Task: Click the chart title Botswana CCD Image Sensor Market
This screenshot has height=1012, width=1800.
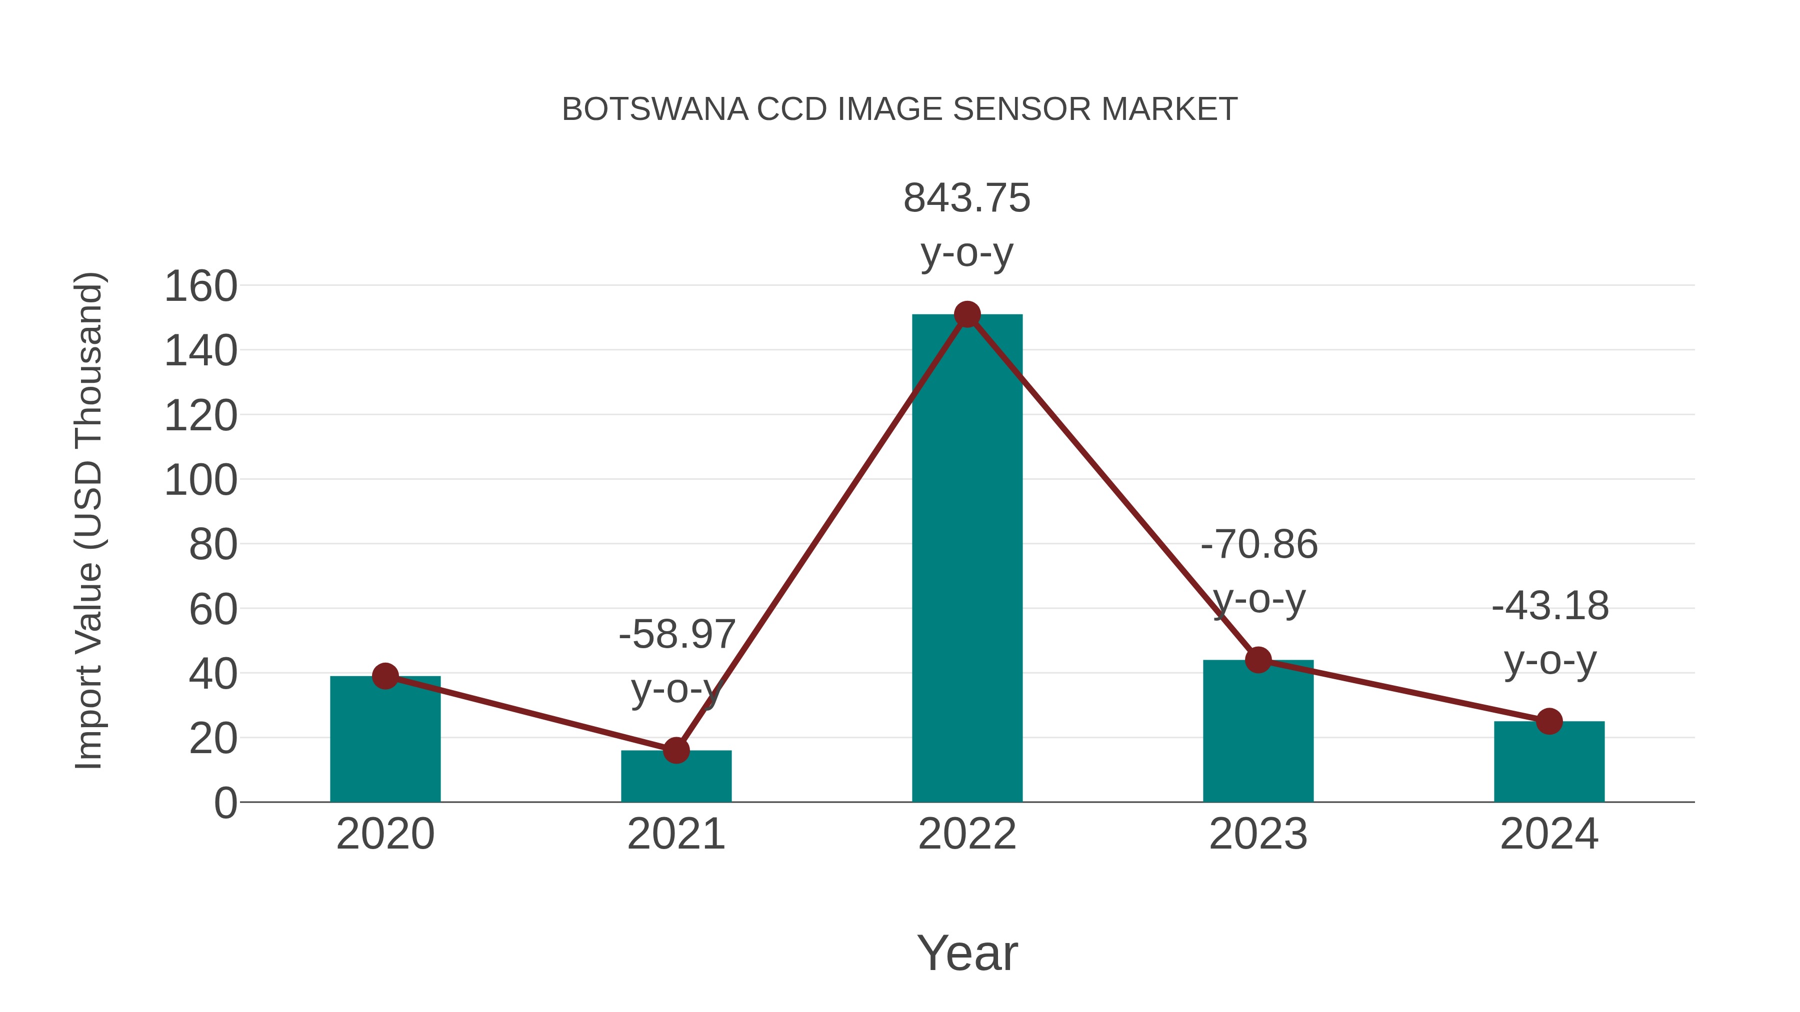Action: (x=899, y=109)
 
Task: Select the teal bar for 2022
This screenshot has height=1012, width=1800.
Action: (x=967, y=559)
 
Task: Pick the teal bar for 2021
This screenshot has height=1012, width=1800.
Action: (x=675, y=777)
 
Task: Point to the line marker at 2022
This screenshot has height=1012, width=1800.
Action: (x=967, y=315)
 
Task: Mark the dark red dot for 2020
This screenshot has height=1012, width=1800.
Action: (x=385, y=676)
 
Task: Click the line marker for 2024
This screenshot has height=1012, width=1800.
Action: (x=1549, y=722)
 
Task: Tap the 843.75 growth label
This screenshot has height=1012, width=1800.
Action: (x=967, y=198)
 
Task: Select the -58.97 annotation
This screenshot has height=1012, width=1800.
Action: (x=676, y=634)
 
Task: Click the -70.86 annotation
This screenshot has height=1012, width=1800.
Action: (x=1258, y=545)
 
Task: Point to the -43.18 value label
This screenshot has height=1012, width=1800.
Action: (x=1550, y=606)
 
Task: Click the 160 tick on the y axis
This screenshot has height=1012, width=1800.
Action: (x=200, y=286)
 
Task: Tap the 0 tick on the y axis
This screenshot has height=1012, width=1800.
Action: (x=225, y=803)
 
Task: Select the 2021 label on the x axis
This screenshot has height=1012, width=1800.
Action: (x=675, y=834)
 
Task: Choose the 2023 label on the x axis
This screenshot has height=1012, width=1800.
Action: (x=1258, y=834)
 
